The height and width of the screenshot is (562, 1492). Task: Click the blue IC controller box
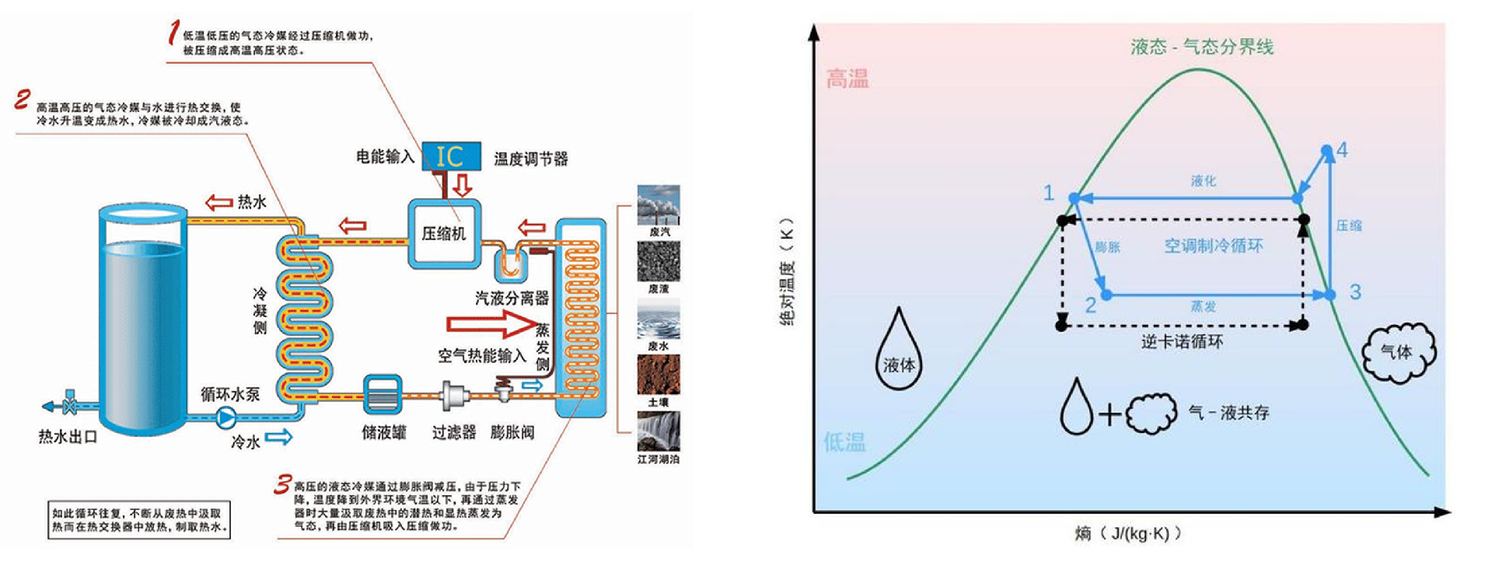point(450,156)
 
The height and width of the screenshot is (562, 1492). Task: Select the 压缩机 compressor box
point(444,233)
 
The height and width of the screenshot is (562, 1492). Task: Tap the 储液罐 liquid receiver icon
point(383,395)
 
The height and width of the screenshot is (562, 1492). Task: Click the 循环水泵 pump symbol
point(225,417)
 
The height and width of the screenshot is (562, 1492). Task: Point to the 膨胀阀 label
point(512,432)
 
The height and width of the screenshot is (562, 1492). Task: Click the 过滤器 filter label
point(453,432)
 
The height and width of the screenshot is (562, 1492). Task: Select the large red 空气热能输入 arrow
point(490,323)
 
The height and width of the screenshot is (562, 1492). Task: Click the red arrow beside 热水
point(219,203)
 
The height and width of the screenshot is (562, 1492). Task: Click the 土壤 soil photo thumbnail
point(659,375)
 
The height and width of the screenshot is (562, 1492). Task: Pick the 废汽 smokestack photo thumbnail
point(659,204)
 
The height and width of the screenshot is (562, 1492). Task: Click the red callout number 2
point(23,99)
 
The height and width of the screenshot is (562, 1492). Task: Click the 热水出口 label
point(68,437)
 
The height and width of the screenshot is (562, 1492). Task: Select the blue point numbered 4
point(1328,150)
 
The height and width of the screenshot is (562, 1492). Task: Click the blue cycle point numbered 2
point(1106,295)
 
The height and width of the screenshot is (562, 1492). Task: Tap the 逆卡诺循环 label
point(1182,342)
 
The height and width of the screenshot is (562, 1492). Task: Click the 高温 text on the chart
point(847,79)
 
